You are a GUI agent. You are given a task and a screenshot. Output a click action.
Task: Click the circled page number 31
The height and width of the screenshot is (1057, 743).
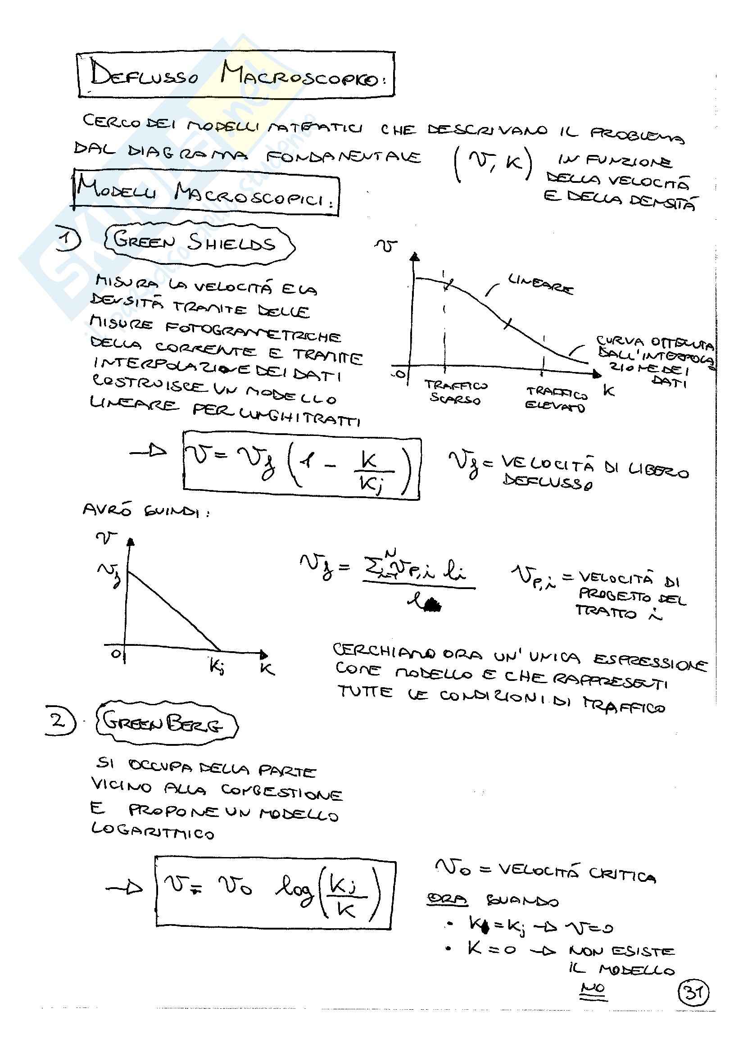click(693, 993)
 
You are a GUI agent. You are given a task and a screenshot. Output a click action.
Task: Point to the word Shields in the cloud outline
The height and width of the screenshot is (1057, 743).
click(231, 242)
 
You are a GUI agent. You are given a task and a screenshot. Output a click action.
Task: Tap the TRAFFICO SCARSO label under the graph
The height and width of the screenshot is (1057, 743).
click(455, 392)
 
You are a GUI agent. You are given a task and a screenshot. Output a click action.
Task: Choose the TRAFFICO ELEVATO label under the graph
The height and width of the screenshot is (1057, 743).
click(556, 399)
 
